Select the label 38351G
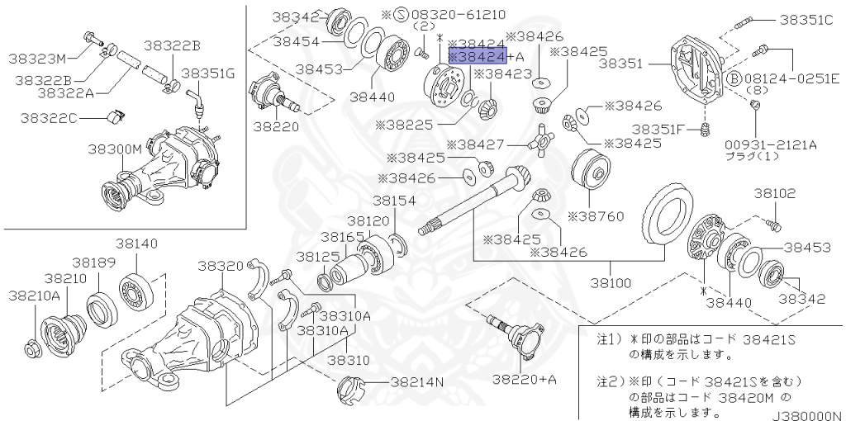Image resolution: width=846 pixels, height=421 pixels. (x=208, y=73)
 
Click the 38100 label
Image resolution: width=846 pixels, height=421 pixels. (x=611, y=282)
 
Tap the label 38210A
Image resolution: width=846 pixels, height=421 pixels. (x=35, y=294)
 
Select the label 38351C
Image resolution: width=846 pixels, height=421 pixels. (x=804, y=20)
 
